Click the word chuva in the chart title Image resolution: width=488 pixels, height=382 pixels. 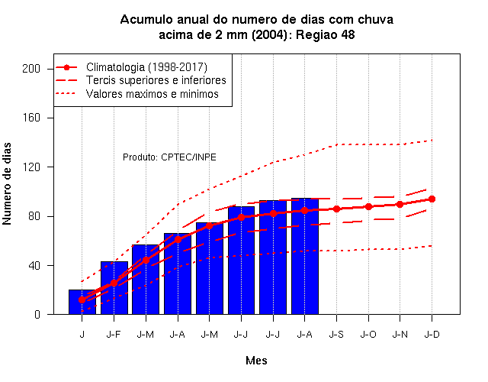[375, 19]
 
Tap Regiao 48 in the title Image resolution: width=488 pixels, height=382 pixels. [326, 34]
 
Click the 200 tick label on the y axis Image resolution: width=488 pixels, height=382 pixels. [31, 69]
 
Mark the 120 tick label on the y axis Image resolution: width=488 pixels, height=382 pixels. [31, 167]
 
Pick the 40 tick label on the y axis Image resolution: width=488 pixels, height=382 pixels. [34, 266]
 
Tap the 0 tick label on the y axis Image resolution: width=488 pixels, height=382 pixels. [37, 315]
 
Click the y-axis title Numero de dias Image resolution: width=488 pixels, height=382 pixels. [7, 183]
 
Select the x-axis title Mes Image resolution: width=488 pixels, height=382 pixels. [256, 361]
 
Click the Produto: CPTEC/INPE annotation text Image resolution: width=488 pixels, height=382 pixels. [169, 157]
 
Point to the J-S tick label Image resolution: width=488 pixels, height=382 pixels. [336, 335]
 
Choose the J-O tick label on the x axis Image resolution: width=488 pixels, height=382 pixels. [368, 335]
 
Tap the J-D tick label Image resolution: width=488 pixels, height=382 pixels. [432, 335]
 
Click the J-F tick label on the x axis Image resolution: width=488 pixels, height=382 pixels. [114, 335]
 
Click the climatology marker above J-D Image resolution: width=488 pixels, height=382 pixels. [432, 199]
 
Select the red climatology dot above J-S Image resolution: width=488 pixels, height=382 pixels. [336, 209]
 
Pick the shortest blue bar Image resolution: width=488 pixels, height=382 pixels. [82, 302]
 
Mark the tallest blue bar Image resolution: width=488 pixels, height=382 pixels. [305, 256]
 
